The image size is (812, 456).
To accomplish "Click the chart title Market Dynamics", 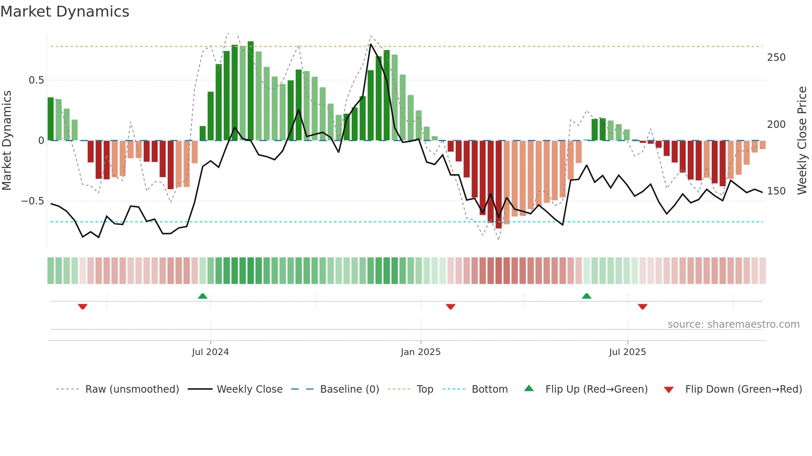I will click(x=65, y=12).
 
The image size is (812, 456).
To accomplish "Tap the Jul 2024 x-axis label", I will click(x=210, y=352).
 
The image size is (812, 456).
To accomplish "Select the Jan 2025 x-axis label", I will click(x=420, y=352).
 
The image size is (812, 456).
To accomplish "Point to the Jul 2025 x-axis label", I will click(x=627, y=352).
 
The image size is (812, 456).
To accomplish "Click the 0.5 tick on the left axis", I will click(x=36, y=80).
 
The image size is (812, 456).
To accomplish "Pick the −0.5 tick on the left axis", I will click(x=33, y=201).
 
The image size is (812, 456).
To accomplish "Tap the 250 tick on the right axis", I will click(x=776, y=58).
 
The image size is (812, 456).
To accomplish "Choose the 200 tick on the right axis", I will click(x=776, y=125).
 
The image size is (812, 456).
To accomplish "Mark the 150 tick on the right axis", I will click(x=776, y=191).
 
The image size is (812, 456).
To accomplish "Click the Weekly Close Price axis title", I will click(x=802, y=141).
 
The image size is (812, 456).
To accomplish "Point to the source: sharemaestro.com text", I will click(x=733, y=324).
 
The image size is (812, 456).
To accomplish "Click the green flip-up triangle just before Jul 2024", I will click(x=203, y=296).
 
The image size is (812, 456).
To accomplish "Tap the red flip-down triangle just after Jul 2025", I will click(x=643, y=307).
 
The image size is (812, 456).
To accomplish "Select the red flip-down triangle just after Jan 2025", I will click(x=451, y=307).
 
